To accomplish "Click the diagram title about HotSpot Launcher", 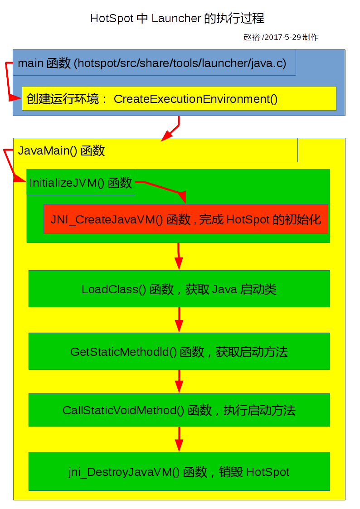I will tap(177, 19).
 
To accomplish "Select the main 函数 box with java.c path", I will tap(154, 63).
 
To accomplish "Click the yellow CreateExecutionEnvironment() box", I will tap(179, 98).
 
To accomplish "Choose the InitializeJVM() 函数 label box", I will tap(81, 182).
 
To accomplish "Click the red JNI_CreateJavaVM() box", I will tap(186, 219).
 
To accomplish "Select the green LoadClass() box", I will tap(179, 289).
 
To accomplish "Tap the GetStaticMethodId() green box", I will tap(179, 351).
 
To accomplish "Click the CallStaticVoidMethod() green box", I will tap(179, 410).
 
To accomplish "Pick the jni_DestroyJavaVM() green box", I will tap(179, 471).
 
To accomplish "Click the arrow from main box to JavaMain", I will tap(173, 129).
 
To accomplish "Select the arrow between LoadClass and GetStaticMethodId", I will tap(179, 320).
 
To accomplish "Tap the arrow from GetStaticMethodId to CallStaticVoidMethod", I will tap(179, 381).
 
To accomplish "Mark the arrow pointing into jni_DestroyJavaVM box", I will tap(179, 439).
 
